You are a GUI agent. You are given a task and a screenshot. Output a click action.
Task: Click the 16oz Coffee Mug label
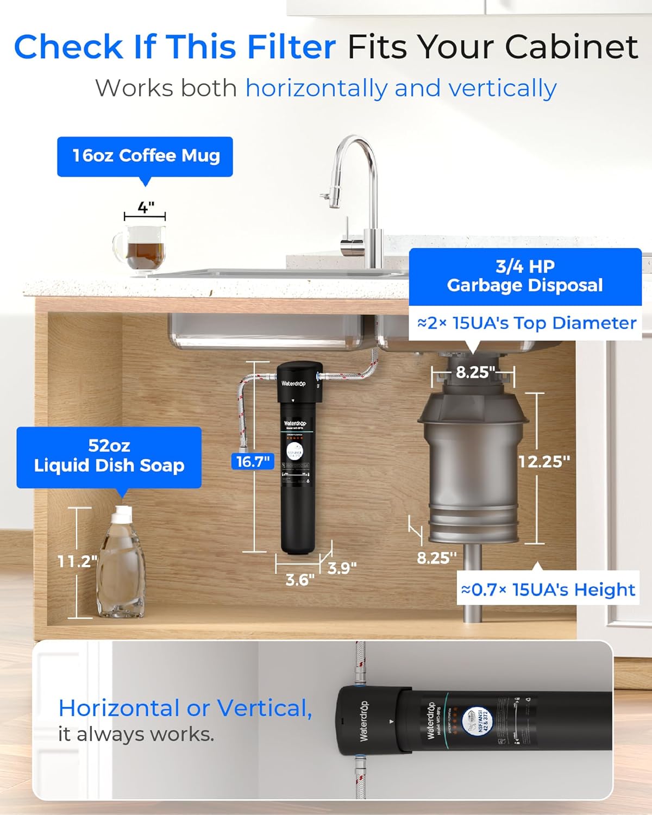click(145, 156)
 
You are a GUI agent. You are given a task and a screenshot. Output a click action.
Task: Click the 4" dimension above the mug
click(145, 207)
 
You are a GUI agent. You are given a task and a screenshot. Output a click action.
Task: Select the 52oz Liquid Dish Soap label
click(109, 456)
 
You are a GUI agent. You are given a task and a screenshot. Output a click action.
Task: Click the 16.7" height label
click(253, 461)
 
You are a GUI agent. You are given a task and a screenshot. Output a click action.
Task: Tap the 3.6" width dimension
click(300, 580)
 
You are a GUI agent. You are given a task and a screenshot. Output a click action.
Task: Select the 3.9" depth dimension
click(342, 568)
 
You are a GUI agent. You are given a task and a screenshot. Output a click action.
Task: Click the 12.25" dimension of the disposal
click(544, 461)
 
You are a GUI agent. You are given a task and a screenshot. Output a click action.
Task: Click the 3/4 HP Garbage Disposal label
click(525, 276)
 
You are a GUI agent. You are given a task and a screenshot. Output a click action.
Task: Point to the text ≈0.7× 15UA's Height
click(548, 590)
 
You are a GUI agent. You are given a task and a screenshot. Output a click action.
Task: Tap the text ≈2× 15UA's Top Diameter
click(526, 323)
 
